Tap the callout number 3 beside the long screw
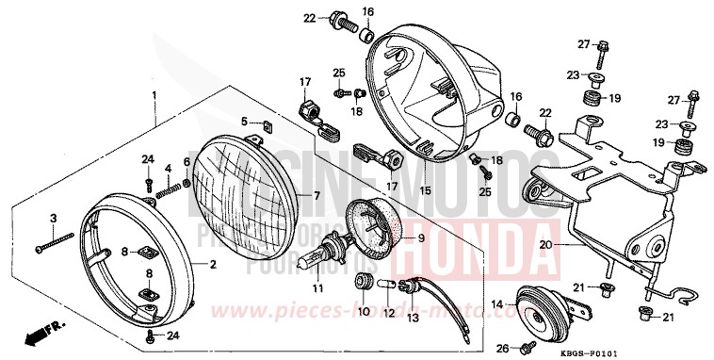[54, 219]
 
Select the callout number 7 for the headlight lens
[317, 195]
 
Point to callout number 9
[420, 238]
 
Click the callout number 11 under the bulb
[319, 286]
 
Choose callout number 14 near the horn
[498, 304]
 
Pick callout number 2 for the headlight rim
[213, 265]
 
